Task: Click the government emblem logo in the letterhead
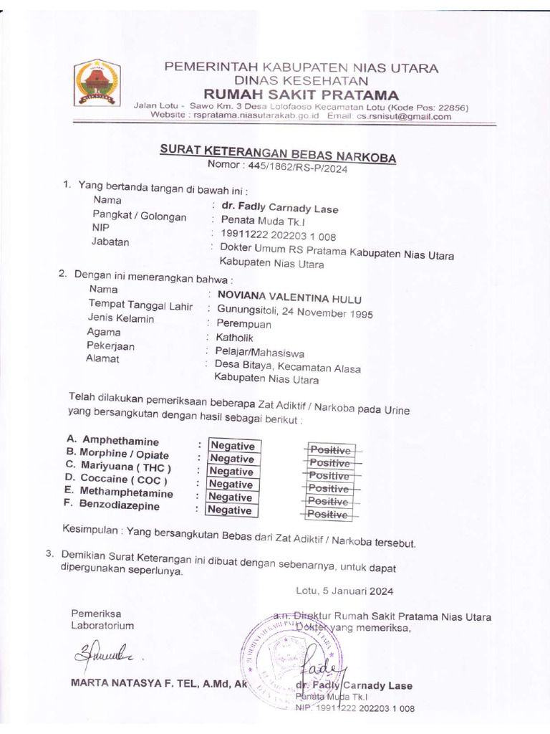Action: coord(99,84)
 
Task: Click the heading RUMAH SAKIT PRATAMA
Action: coord(301,95)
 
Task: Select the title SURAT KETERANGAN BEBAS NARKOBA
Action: coord(277,153)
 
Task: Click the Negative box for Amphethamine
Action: coord(231,446)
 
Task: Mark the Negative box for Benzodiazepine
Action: coord(231,510)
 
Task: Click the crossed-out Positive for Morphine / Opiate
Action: coord(330,463)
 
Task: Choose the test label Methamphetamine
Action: coord(127,493)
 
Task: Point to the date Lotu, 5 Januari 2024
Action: coord(344,591)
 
